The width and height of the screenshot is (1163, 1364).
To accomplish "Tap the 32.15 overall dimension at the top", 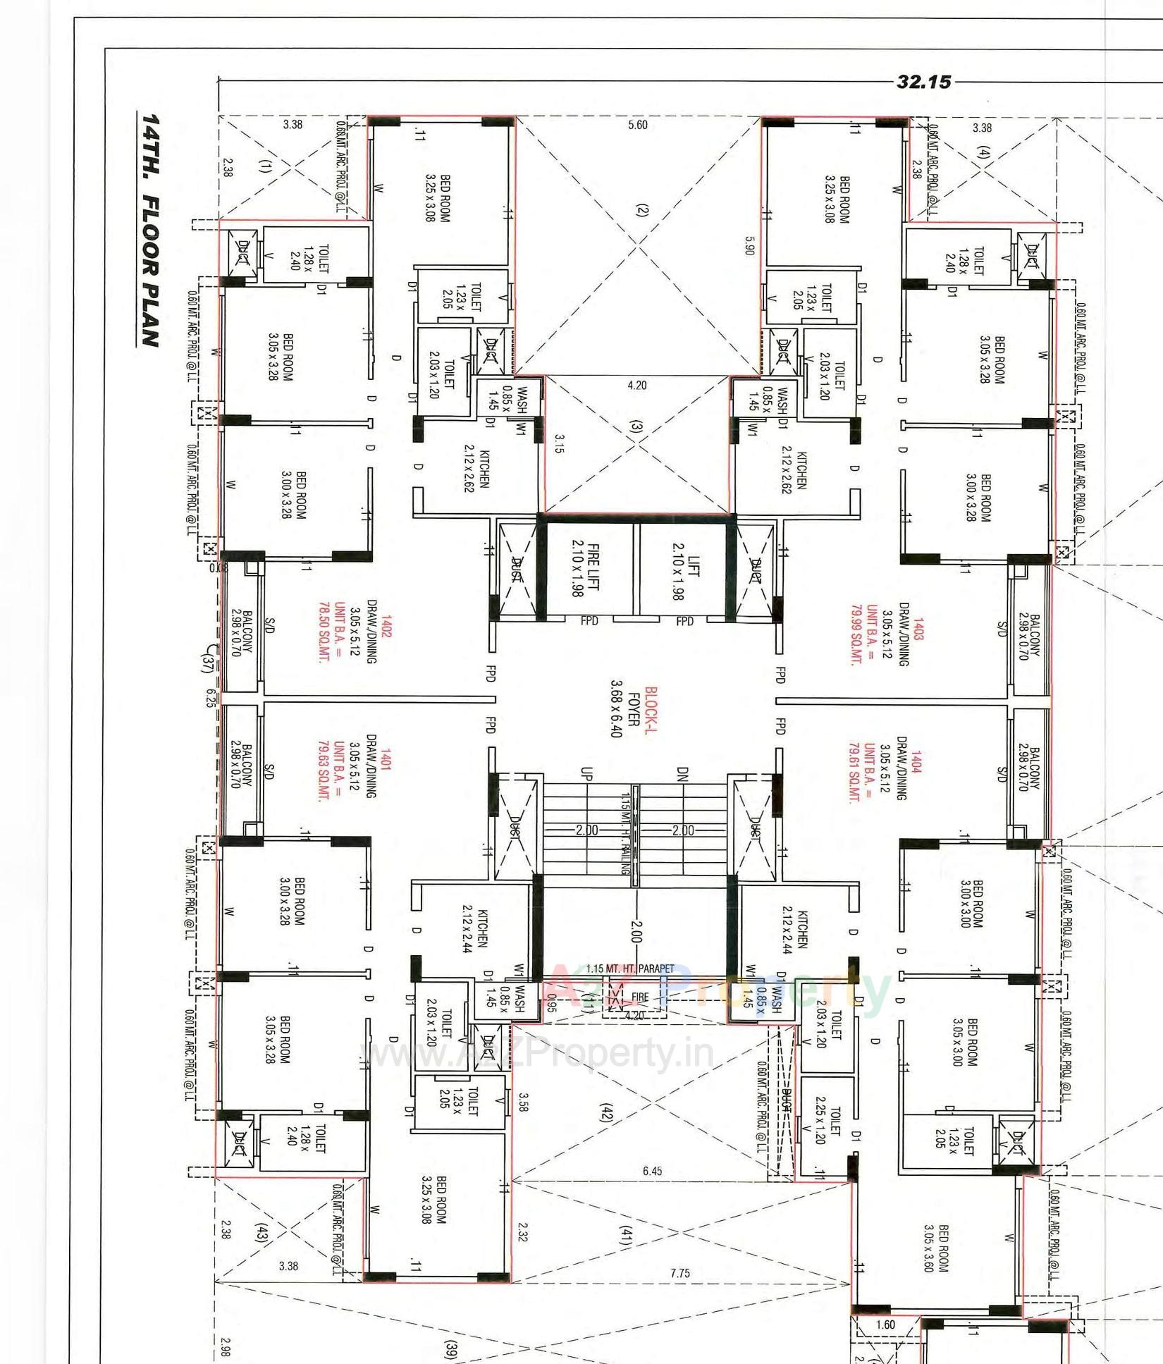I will point(923,82).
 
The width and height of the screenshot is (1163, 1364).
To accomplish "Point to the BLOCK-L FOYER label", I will point(632,712).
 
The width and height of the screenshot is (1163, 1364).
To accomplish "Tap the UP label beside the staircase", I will point(587,773).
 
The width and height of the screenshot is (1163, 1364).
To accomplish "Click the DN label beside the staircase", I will point(681,773).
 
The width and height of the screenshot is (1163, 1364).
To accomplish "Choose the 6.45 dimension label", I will point(652,1172).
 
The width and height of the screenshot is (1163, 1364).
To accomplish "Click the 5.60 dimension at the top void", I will point(637,125).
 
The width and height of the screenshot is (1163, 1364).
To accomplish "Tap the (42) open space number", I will point(606,1114).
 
